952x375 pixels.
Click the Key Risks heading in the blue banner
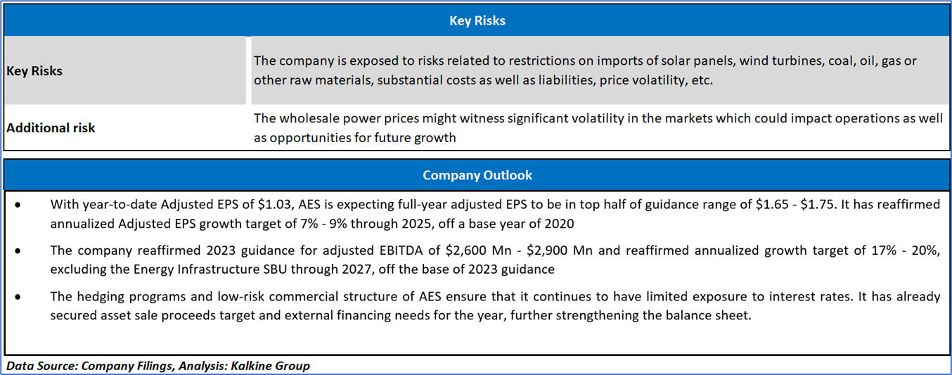click(x=477, y=20)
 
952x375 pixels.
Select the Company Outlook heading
click(x=477, y=175)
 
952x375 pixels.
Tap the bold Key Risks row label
click(x=34, y=70)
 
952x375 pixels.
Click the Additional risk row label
click(x=51, y=127)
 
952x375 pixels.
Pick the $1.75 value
click(x=818, y=205)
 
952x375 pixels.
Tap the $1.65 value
click(x=772, y=205)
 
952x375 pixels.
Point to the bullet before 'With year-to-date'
click(x=18, y=205)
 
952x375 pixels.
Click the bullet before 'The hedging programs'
click(x=18, y=297)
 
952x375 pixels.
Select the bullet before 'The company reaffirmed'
click(x=18, y=251)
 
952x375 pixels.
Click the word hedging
click(x=101, y=297)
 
